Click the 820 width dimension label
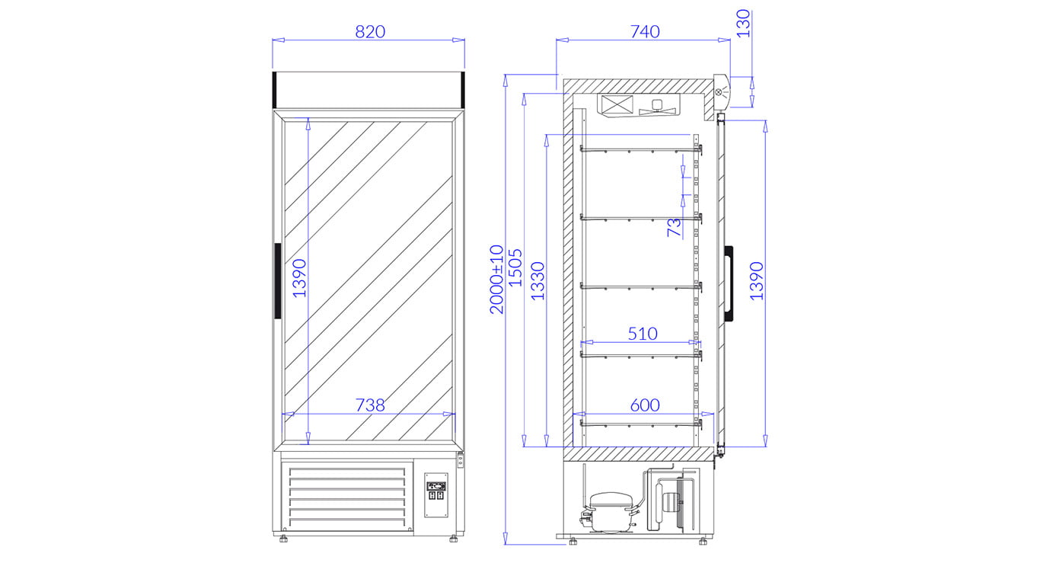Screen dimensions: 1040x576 370,31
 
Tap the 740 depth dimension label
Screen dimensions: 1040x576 645,31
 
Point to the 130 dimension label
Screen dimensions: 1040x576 743,23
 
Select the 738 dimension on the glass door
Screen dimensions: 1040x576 370,405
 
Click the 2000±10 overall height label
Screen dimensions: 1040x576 496,280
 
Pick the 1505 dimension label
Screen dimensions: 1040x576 515,268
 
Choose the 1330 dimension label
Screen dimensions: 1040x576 538,281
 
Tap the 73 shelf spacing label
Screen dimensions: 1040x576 674,227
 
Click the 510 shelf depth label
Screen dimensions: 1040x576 643,334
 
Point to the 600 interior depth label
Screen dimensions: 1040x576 645,405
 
